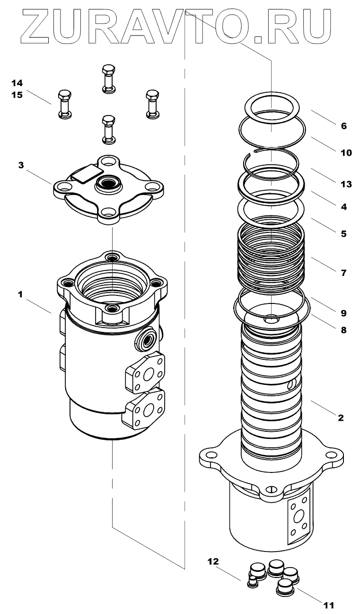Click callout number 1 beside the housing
tap(20, 294)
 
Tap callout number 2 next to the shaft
tap(341, 418)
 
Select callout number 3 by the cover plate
tap(21, 165)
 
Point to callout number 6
tap(344, 126)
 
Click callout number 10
tap(346, 152)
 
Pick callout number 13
tap(346, 184)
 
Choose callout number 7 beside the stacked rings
tap(344, 273)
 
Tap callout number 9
tap(344, 313)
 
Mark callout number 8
tap(344, 329)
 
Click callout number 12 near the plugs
tap(213, 562)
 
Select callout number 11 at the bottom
tap(329, 605)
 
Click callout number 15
tap(17, 95)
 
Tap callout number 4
tap(344, 206)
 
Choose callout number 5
tap(344, 233)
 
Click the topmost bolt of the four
tap(108, 79)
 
